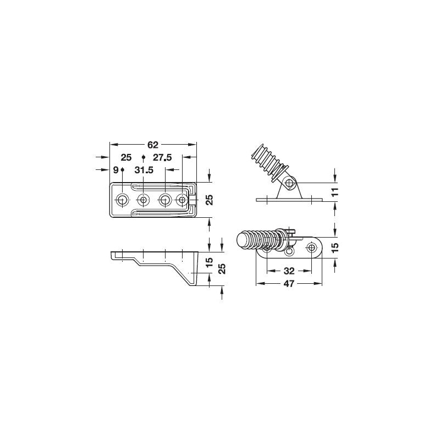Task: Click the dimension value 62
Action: [153, 145]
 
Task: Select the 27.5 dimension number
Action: [162, 157]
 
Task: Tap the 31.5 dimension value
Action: [144, 170]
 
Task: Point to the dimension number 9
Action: [116, 170]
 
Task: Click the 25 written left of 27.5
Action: [126, 157]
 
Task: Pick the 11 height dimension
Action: [335, 192]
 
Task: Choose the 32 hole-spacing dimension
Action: [289, 271]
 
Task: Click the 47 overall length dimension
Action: [289, 284]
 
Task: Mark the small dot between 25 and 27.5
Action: [144, 157]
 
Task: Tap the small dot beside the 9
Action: [122, 169]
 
